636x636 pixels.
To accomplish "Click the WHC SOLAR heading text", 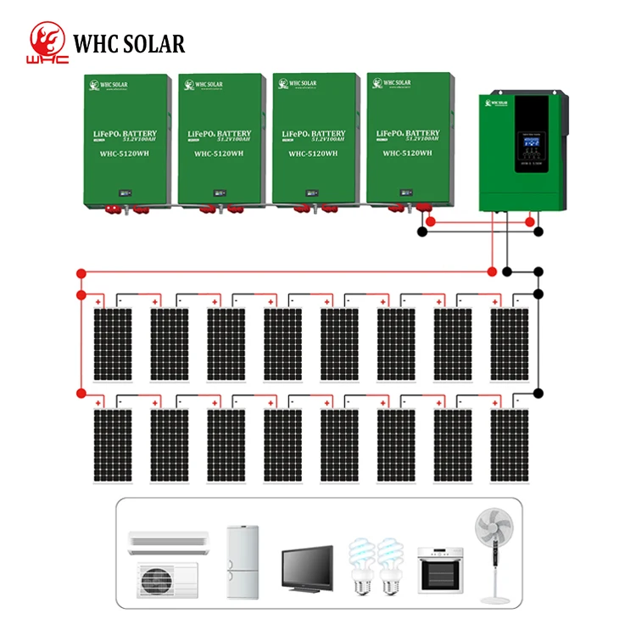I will tap(129, 43).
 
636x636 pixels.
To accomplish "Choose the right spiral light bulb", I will tap(391, 566).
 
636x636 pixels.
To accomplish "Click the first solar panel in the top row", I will tap(112, 344).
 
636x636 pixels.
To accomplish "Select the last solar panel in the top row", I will tap(510, 344).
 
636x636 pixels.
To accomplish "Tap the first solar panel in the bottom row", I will tap(112, 446).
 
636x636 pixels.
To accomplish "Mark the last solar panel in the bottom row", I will tap(510, 446).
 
